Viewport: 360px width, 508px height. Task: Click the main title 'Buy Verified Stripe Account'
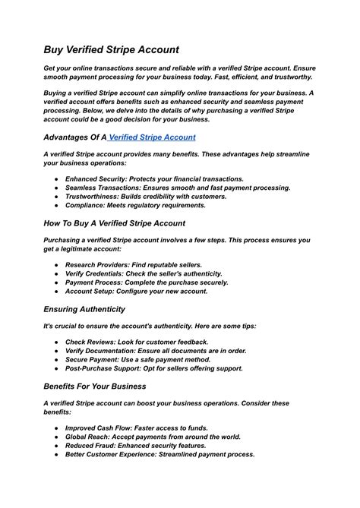[111, 49]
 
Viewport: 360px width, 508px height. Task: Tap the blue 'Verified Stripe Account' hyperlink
[153, 137]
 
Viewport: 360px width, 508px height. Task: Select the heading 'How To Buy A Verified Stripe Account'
[114, 223]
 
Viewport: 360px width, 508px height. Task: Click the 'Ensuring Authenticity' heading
[84, 309]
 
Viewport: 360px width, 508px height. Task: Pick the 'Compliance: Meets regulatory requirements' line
[135, 205]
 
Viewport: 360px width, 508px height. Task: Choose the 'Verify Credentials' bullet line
[144, 273]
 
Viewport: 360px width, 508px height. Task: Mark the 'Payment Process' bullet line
[147, 282]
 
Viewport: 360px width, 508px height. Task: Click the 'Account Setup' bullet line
[137, 292]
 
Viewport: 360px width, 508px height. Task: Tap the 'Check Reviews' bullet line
[137, 342]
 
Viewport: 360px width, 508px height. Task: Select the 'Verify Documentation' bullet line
[156, 350]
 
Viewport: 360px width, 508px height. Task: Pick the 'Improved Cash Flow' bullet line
[137, 428]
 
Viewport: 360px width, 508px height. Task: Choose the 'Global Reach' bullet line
[153, 437]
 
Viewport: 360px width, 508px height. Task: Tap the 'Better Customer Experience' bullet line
[159, 454]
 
